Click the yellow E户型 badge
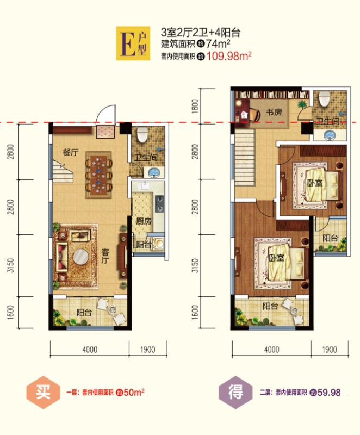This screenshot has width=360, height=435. [x=133, y=43]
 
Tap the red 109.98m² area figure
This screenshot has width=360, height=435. [x=229, y=57]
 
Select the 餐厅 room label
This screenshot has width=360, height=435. [x=71, y=152]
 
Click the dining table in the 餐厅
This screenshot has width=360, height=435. [x=98, y=175]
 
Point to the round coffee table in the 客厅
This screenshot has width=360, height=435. [x=80, y=257]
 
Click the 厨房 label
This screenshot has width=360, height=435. [x=144, y=221]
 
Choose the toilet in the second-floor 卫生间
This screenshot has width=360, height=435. [x=324, y=98]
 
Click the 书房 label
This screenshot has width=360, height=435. [x=274, y=112]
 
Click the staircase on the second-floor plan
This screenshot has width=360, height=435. [x=245, y=158]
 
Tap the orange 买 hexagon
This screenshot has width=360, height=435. [x=44, y=393]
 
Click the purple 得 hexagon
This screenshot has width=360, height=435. [x=236, y=393]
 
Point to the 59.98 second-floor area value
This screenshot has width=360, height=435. [x=328, y=393]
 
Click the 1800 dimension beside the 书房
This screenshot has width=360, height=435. [x=195, y=105]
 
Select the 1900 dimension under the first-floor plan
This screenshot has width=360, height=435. [x=147, y=350]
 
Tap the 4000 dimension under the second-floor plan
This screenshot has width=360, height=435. [x=271, y=350]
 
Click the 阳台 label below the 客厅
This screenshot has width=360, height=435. [x=84, y=313]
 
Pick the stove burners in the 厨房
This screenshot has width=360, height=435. [x=159, y=204]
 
